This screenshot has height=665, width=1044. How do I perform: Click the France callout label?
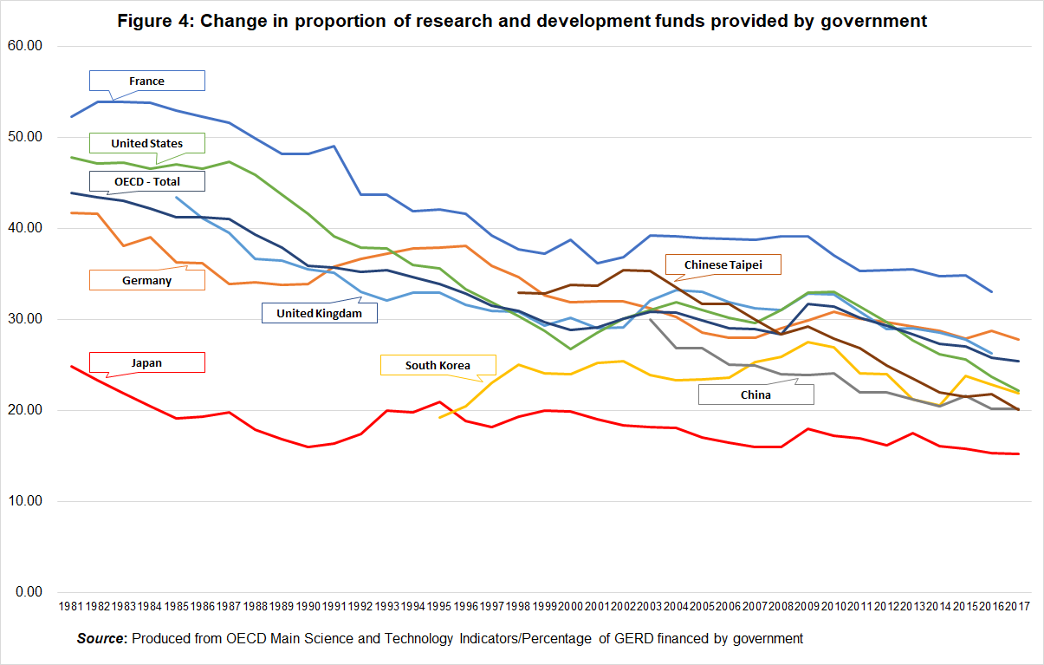coord(147,81)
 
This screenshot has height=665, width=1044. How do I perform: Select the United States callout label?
coord(147,143)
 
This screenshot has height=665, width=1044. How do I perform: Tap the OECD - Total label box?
coord(147,180)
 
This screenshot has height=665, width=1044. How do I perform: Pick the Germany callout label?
coord(147,280)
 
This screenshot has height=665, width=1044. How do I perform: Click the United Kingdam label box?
coord(320,313)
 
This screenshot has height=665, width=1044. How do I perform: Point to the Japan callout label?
coord(147,362)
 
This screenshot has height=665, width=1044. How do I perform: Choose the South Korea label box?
coord(438,365)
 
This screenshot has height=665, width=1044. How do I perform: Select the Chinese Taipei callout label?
coord(722,264)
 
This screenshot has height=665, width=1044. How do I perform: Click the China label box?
coord(756,394)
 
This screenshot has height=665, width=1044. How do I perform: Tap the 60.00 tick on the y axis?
coord(25,47)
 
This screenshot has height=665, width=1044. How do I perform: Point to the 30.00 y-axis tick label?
coord(25,319)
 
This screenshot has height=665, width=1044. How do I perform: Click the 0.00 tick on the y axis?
coord(29,592)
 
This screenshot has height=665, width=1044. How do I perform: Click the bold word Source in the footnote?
coord(101,639)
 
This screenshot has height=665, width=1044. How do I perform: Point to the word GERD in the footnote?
coord(632,639)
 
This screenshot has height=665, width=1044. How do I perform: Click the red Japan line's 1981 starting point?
coord(71,366)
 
